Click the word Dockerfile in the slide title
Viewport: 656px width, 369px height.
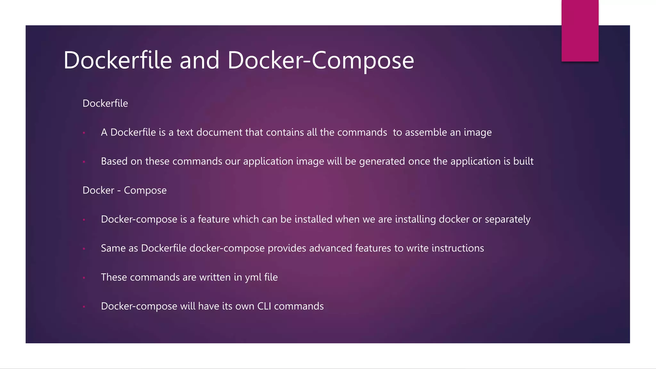[118, 60]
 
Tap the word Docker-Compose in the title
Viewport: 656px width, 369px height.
[321, 60]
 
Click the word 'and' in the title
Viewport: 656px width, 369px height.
[199, 60]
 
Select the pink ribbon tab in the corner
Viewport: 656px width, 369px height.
[580, 30]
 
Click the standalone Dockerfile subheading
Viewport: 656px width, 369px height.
[105, 103]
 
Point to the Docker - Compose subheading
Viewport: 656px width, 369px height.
[125, 190]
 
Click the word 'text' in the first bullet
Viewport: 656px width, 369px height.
[185, 132]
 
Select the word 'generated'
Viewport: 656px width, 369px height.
[382, 161]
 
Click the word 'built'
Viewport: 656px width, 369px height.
[523, 161]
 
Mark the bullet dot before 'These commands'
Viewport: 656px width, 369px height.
[84, 278]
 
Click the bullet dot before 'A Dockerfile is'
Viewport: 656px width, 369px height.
[84, 133]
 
